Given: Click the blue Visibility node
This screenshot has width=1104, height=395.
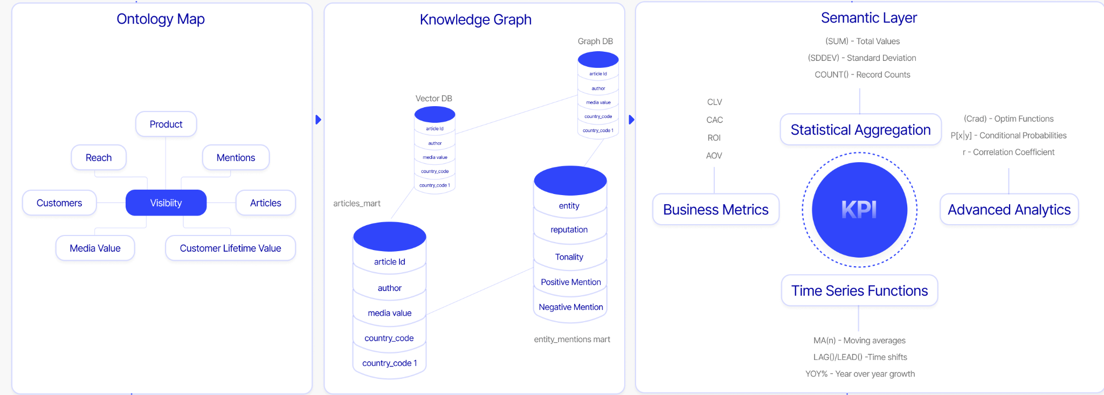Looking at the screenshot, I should click(x=166, y=203).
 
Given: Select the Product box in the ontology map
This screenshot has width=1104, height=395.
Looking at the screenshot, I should click(x=166, y=124).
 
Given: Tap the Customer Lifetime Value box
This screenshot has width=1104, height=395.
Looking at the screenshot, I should click(x=230, y=248).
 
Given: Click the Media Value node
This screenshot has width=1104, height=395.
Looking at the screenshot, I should click(x=95, y=248).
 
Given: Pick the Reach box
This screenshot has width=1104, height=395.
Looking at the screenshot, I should click(x=99, y=158).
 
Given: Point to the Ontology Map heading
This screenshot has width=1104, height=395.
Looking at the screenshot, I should click(x=161, y=19).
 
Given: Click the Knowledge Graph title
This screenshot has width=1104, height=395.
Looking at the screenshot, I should click(x=475, y=20).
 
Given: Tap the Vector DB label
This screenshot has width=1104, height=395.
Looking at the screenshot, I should click(x=433, y=99).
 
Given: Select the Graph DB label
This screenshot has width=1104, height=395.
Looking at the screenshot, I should click(x=595, y=41).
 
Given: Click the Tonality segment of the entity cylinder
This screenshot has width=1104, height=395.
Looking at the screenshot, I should click(x=569, y=257).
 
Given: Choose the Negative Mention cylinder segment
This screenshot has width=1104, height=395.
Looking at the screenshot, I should click(x=570, y=307).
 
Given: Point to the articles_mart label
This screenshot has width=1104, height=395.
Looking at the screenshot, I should click(x=357, y=204).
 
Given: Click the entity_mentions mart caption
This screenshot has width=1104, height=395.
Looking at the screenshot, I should click(x=572, y=339).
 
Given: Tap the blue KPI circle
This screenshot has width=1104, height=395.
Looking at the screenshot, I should click(x=859, y=210).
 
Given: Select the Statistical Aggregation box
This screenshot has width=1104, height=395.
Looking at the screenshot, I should click(x=860, y=130).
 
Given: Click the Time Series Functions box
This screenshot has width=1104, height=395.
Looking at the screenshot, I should click(x=859, y=291).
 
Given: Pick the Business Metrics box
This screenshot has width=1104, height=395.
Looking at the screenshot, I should click(x=715, y=210).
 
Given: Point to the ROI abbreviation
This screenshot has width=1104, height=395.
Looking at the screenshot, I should click(x=714, y=138).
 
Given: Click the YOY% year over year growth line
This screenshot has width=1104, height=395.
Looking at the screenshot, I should click(x=860, y=374).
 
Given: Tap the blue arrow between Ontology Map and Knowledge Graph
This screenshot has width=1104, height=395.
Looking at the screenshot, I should click(x=318, y=120).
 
